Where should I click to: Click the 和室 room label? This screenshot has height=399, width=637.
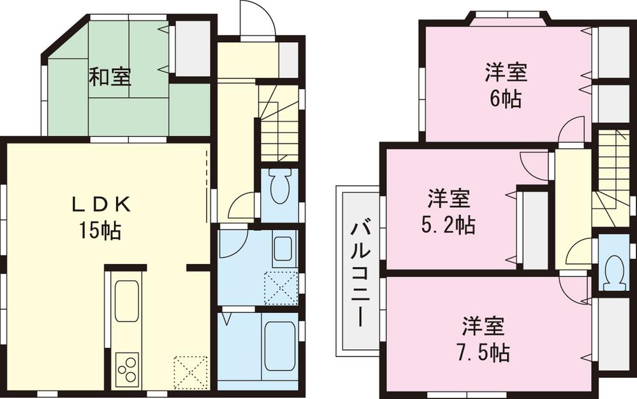pos(110,77)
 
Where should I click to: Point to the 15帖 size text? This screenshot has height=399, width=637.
pos(100,231)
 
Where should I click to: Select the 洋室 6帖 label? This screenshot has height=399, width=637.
pos(506,85)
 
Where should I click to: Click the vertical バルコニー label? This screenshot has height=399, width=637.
pos(358,272)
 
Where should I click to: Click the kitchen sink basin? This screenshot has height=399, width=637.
pos(127,301)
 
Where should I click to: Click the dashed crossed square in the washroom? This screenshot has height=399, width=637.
pos(281,287)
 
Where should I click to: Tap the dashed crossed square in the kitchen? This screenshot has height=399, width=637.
pos(191,372)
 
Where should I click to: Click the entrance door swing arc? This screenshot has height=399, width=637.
pos(258,22)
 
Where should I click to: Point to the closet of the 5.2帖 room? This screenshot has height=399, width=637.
pos(534,228)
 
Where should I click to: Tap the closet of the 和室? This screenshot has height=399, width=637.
pos(192,48)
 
